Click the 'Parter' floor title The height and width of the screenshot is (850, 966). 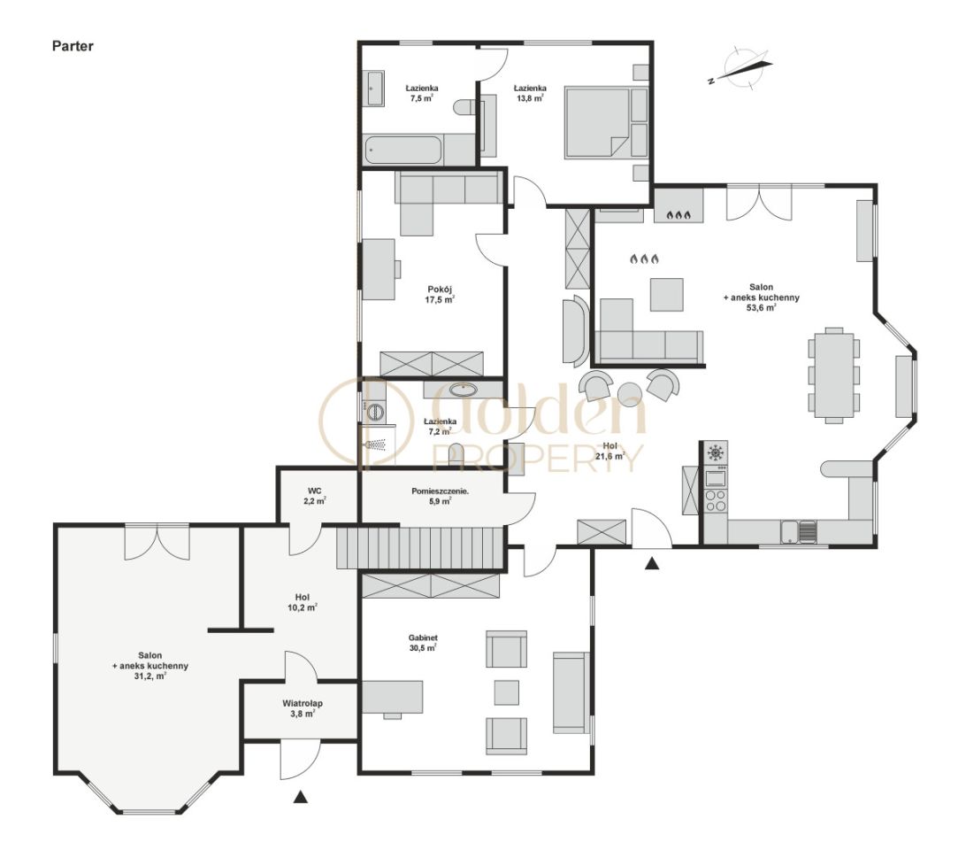point(73,46)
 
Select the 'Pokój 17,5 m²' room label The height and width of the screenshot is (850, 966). point(440,295)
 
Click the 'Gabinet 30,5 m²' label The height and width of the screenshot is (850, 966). point(423,643)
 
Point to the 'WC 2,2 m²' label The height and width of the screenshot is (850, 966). point(315,496)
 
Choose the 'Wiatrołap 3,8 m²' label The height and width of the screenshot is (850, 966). point(303,708)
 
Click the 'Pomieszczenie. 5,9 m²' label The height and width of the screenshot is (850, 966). point(440,496)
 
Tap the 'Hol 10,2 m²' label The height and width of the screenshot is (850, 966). point(303,602)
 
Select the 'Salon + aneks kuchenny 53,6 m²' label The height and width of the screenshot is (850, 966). point(762,297)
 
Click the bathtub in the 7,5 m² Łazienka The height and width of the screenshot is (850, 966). point(403,150)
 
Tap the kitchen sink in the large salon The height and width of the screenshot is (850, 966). point(799,532)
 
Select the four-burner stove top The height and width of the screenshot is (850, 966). point(716,500)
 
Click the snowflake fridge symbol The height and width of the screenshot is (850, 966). point(716,452)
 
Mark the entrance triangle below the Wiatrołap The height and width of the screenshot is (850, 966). point(301,797)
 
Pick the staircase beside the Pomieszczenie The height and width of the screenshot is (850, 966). point(421,547)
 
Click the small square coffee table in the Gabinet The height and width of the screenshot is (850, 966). point(506,692)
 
